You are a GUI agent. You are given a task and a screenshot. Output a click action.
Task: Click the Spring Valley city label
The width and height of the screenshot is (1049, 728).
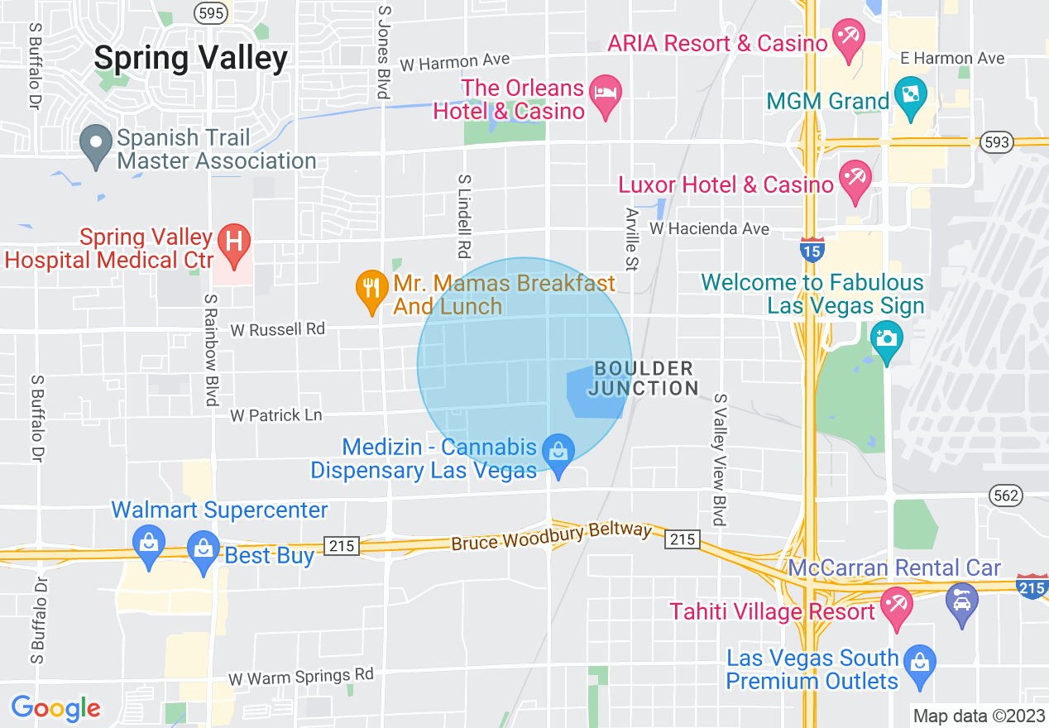point(190,58)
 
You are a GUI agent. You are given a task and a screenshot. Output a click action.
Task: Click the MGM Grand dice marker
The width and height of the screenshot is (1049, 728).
point(910,96)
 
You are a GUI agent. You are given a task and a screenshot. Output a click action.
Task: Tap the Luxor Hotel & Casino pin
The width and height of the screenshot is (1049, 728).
point(853,180)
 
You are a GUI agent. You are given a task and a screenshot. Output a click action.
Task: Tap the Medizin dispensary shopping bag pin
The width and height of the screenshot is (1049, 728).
point(558,453)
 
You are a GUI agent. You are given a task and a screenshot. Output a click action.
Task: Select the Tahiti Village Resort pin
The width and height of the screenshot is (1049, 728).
point(896,606)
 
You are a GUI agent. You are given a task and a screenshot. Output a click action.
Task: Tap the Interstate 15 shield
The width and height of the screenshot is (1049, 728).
point(811,249)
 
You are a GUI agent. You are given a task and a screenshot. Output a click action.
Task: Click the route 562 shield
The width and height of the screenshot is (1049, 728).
point(1006,495)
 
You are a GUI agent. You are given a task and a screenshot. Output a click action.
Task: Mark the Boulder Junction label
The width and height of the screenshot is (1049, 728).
point(645,378)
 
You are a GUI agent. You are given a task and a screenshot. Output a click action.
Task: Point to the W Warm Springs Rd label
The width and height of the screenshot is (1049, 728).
point(301,677)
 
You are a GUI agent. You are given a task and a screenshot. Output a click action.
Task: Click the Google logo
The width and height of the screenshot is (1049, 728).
point(55,708)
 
